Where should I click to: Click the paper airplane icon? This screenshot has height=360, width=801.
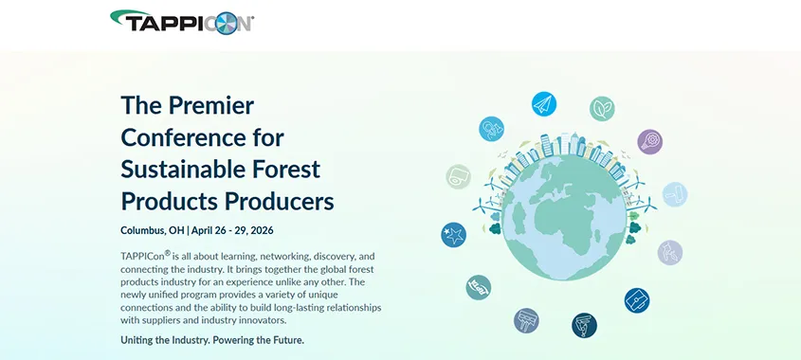tap(543, 104)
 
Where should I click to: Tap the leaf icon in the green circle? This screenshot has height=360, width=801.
tap(602, 109)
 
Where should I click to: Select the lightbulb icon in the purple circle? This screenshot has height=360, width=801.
tap(649, 141)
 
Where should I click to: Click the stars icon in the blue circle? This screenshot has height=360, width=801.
tap(454, 235)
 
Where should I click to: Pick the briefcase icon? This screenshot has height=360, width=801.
tap(637, 300)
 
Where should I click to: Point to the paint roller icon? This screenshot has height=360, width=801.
tap(675, 194)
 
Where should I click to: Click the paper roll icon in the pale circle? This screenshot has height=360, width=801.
tap(458, 176)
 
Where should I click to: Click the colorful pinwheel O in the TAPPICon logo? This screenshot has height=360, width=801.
tap(227, 24)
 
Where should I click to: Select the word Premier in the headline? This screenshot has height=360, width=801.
tap(211, 105)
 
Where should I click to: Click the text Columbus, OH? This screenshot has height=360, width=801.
tap(153, 230)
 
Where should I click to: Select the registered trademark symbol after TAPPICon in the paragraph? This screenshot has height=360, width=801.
tap(168, 252)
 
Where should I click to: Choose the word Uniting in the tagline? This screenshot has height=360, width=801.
tap(135, 339)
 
